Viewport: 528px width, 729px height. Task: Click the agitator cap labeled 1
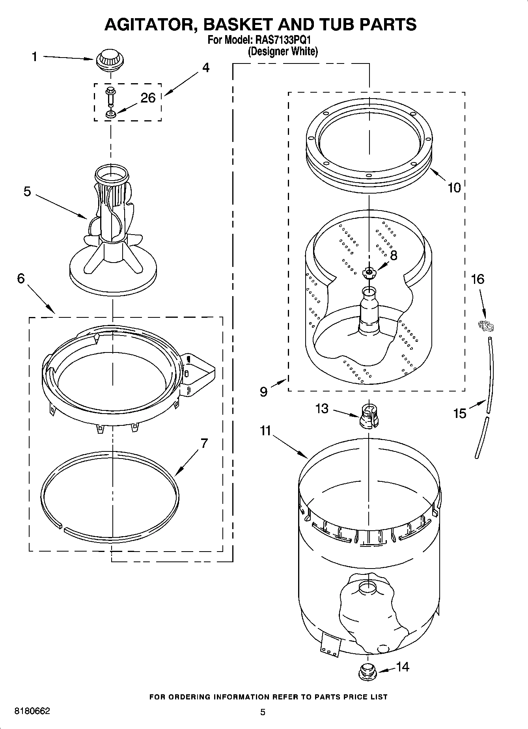tap(109, 60)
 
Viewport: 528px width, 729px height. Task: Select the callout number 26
tap(148, 98)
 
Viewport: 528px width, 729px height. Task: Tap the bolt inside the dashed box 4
tap(110, 96)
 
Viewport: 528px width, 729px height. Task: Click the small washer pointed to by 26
tap(110, 115)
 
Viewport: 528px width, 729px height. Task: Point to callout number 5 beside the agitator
tap(27, 192)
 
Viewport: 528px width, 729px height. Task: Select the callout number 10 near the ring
tap(454, 188)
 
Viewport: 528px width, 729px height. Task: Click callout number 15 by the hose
tap(460, 413)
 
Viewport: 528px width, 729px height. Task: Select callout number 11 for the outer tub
tap(265, 431)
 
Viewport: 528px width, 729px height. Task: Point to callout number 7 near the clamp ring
tap(203, 444)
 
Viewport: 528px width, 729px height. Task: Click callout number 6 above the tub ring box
tap(21, 278)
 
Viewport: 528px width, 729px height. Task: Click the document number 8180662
tap(32, 711)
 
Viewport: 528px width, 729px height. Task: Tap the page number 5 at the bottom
tap(263, 712)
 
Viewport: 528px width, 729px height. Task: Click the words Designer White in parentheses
tap(283, 51)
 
